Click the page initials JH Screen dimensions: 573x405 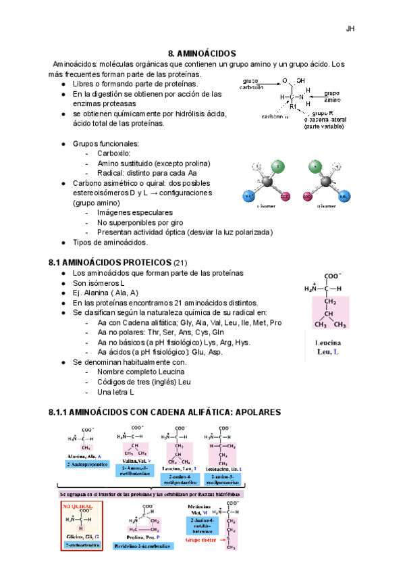[x=350, y=28]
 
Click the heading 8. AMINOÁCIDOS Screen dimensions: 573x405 [x=202, y=53]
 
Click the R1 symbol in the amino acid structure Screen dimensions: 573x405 [x=293, y=106]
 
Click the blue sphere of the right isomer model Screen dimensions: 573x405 [x=346, y=197]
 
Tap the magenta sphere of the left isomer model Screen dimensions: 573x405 [x=286, y=197]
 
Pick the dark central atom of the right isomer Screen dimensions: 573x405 [x=326, y=183]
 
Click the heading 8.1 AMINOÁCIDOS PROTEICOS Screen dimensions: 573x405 [x=111, y=262]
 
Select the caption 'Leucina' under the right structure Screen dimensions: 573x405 [x=328, y=343]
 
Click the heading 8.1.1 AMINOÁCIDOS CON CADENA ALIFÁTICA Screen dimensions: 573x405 [x=165, y=412]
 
